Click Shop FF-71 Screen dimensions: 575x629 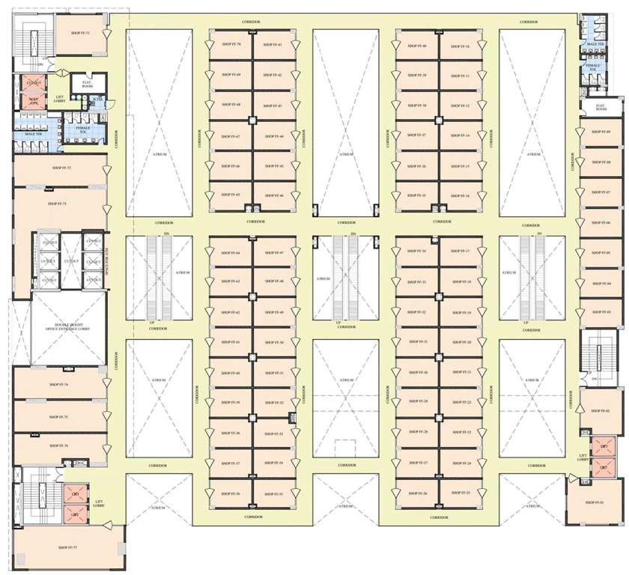click(81, 34)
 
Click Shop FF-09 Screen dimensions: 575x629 click(601, 132)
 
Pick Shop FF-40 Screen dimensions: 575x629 click(417, 46)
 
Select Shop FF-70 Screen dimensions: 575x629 click(230, 46)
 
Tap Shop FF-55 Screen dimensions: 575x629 click(274, 494)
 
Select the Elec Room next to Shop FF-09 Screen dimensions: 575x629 click(601, 108)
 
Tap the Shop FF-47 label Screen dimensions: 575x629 click(274, 252)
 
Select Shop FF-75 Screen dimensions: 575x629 click(58, 416)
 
